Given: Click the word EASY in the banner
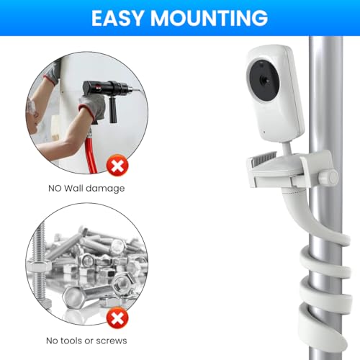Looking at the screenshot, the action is [x=117, y=18].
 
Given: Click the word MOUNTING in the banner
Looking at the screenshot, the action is [x=209, y=18].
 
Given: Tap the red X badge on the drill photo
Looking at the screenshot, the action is [x=117, y=166].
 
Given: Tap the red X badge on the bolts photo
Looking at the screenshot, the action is [x=117, y=318].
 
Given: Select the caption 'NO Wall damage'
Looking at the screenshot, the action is [x=86, y=189].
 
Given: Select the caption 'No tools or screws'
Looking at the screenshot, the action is [x=86, y=341].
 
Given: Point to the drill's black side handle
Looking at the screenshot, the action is [x=113, y=109].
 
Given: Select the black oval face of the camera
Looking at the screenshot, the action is [x=264, y=80].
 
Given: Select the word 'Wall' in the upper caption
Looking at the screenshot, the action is [x=73, y=188].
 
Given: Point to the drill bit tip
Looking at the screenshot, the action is [x=140, y=90].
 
